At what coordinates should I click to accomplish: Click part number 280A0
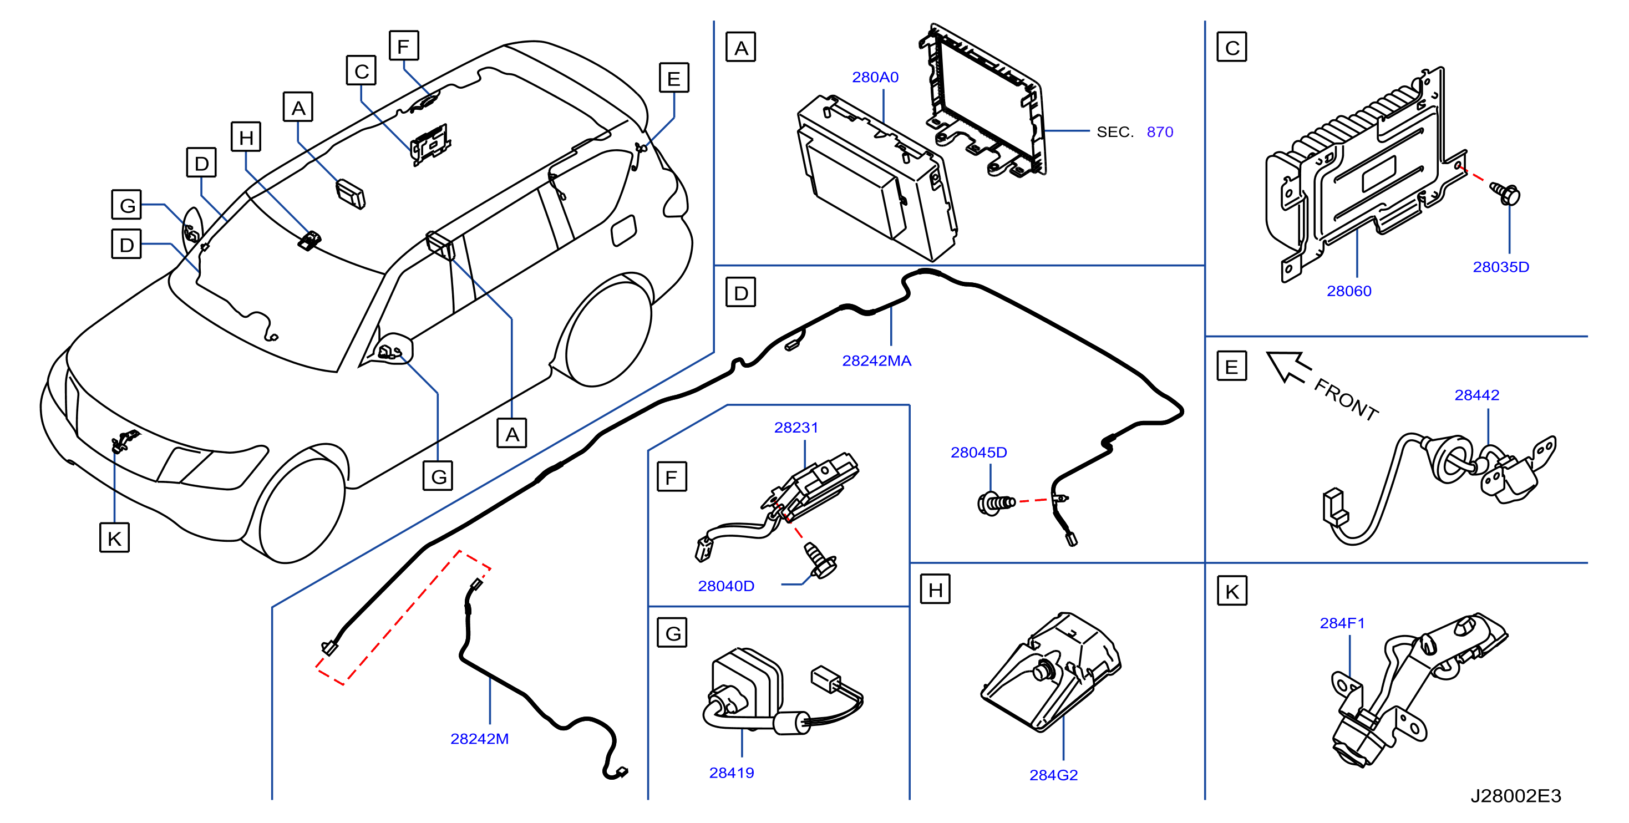[x=875, y=77]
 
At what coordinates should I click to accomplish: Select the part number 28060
[x=1348, y=291]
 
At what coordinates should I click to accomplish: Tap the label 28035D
[x=1501, y=267]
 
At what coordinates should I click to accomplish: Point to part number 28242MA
[x=876, y=360]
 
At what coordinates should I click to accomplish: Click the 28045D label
[x=978, y=452]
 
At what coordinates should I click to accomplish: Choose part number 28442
[x=1476, y=394]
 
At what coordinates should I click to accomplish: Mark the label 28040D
[x=725, y=586]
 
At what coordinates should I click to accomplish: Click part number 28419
[x=731, y=773]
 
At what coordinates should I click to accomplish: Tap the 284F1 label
[x=1341, y=623]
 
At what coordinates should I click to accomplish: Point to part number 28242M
[x=479, y=738]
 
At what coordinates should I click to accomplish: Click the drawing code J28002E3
[x=1515, y=796]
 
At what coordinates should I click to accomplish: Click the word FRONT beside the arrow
[x=1346, y=399]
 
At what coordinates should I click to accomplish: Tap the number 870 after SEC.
[x=1159, y=131]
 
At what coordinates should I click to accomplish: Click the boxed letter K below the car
[x=114, y=537]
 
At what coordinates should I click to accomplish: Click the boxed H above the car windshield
[x=246, y=136]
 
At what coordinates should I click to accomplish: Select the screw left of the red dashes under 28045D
[x=996, y=503]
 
